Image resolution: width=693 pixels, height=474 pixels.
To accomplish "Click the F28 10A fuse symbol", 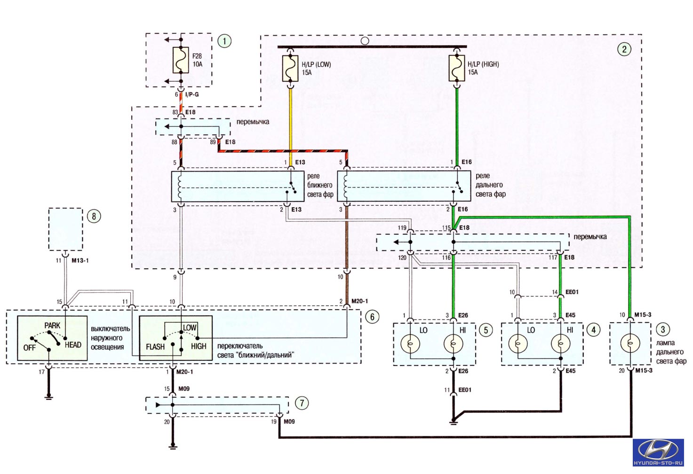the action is pyautogui.click(x=181, y=60).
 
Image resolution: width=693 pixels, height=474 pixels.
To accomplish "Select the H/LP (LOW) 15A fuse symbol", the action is pyautogui.click(x=290, y=68).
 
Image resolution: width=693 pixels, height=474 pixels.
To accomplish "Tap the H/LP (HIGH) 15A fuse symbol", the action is pyautogui.click(x=457, y=68).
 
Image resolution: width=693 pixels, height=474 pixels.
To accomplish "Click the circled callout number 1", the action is pyautogui.click(x=224, y=41).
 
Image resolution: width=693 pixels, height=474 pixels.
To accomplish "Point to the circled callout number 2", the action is pyautogui.click(x=624, y=49).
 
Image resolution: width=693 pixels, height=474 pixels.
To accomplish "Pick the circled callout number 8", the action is pyautogui.click(x=94, y=216).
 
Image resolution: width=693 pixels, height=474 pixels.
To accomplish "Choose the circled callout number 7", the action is pyautogui.click(x=302, y=403).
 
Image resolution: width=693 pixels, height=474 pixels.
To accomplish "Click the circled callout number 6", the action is pyautogui.click(x=372, y=317).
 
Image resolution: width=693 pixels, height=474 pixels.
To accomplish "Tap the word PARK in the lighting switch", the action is pyautogui.click(x=52, y=326).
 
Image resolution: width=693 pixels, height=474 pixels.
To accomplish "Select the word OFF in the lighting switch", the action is pyautogui.click(x=29, y=348).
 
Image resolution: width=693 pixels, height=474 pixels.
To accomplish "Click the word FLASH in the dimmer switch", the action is pyautogui.click(x=155, y=347).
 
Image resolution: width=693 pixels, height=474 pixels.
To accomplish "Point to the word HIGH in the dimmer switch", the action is pyautogui.click(x=199, y=346).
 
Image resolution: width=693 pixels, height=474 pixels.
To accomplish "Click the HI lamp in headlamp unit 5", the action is pyautogui.click(x=453, y=343).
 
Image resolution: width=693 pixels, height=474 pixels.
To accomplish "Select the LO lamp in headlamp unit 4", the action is pyautogui.click(x=518, y=343).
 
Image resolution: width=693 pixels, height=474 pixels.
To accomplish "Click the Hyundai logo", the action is pyautogui.click(x=658, y=452).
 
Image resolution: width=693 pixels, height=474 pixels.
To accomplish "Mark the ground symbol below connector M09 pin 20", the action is pyautogui.click(x=173, y=446).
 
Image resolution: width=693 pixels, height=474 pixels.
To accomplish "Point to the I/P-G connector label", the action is pyautogui.click(x=192, y=94).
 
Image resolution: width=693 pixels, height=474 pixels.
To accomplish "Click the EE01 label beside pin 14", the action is pyautogui.click(x=572, y=292).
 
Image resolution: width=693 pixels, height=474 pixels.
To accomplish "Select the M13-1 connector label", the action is pyautogui.click(x=80, y=260).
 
